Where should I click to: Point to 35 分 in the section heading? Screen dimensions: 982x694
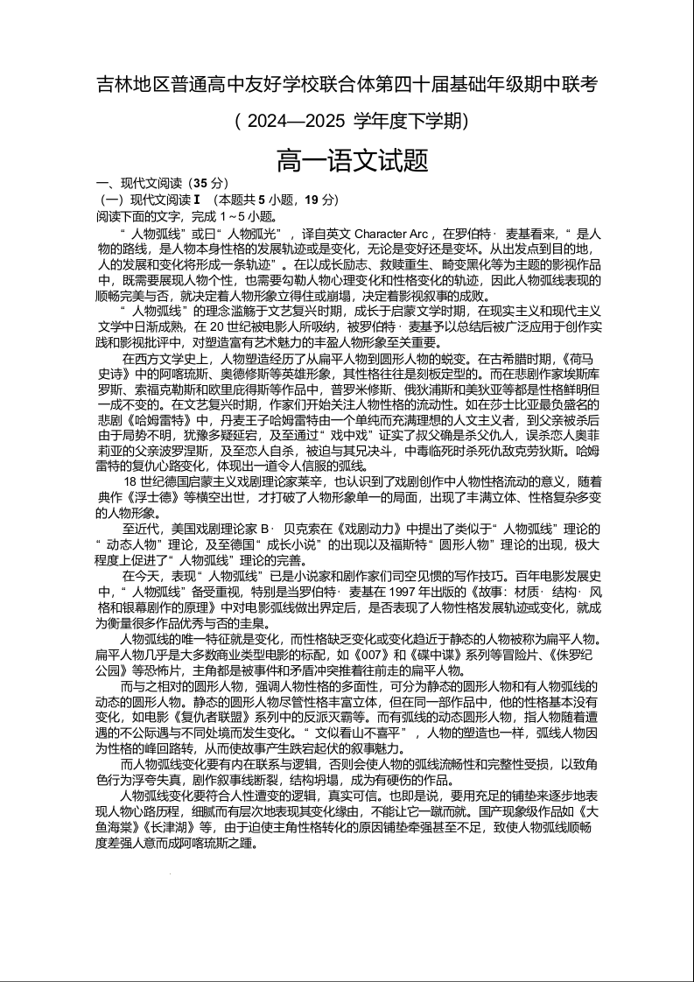208,184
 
